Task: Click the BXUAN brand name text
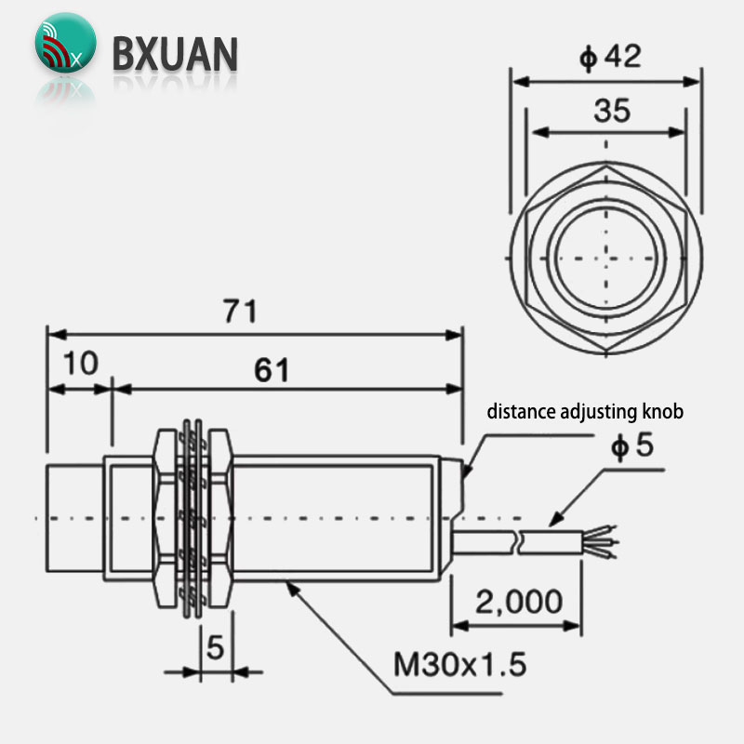click(175, 54)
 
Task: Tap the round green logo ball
click(65, 43)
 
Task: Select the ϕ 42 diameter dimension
click(611, 57)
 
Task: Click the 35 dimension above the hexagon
click(612, 111)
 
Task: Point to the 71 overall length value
click(240, 312)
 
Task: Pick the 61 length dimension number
click(272, 370)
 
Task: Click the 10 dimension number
click(81, 364)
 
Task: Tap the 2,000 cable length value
click(519, 602)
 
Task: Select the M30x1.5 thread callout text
click(459, 664)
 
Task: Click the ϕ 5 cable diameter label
click(632, 445)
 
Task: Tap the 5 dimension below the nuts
click(216, 646)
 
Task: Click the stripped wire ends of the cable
click(600, 541)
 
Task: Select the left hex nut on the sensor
click(166, 518)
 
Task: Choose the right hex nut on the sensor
click(220, 518)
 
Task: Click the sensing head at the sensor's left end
click(74, 518)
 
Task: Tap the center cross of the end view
click(606, 259)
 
